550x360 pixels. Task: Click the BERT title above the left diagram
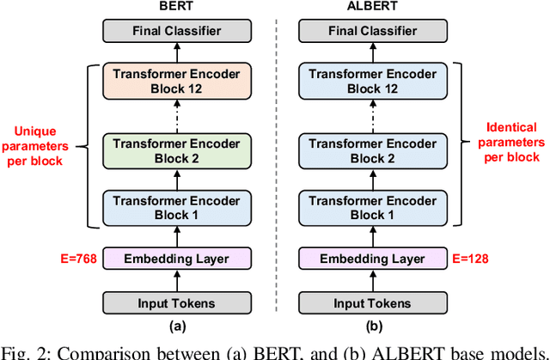pos(177,7)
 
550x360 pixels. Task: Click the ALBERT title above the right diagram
pos(373,7)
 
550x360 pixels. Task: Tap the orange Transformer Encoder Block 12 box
pos(177,81)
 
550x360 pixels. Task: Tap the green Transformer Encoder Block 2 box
pos(177,151)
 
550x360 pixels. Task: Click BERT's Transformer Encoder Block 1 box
pos(177,207)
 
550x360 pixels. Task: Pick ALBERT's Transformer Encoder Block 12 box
pos(373,81)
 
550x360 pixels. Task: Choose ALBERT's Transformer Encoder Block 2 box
pos(373,151)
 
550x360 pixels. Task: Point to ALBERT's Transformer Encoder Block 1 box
pos(373,207)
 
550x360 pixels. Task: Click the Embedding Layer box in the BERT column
pos(177,258)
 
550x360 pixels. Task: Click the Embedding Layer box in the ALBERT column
pos(373,258)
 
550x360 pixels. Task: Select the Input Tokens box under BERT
pos(177,303)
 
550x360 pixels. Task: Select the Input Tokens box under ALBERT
pos(373,303)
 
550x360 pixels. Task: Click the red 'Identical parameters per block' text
pos(510,142)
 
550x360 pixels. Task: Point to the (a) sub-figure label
pos(177,326)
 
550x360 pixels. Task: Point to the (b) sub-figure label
pos(373,326)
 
